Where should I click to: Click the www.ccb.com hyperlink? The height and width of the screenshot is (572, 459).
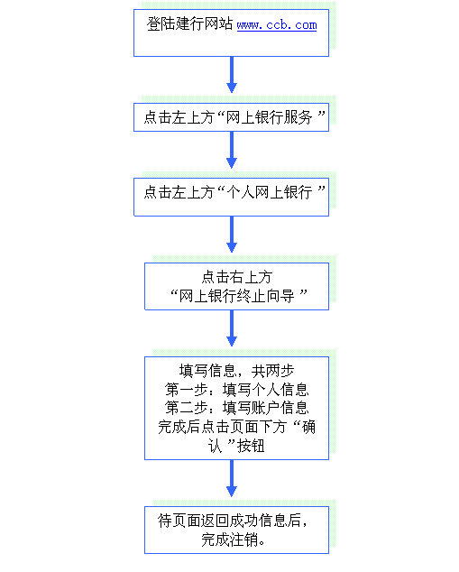[277, 25]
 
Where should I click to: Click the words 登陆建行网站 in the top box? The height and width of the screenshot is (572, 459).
[189, 24]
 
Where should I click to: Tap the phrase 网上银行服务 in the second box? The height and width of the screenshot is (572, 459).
[269, 117]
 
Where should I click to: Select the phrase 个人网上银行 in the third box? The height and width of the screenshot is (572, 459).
[269, 192]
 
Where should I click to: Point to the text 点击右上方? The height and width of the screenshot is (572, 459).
[237, 277]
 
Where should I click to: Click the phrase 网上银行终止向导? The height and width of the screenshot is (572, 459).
[236, 296]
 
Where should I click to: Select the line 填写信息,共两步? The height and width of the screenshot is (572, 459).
[236, 371]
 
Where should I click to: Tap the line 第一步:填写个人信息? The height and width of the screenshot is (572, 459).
[236, 390]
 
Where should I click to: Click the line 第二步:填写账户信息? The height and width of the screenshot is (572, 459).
[236, 408]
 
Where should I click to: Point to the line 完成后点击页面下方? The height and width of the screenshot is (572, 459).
[222, 427]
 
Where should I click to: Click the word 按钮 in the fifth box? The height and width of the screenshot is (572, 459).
[252, 446]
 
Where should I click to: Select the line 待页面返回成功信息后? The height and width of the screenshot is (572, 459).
[233, 521]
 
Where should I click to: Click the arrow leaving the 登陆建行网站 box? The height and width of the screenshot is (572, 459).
[232, 75]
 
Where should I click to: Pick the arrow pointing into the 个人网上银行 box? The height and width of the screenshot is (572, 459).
[232, 150]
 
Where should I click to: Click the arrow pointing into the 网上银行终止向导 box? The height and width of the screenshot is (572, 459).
[232, 235]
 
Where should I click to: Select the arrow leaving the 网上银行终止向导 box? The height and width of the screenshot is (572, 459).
[232, 328]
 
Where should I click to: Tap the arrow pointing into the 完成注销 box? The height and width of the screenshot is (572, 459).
[232, 478]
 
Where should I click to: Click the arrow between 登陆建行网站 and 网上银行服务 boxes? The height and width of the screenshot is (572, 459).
[232, 75]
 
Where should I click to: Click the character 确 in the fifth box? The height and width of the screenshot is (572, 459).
[308, 427]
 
